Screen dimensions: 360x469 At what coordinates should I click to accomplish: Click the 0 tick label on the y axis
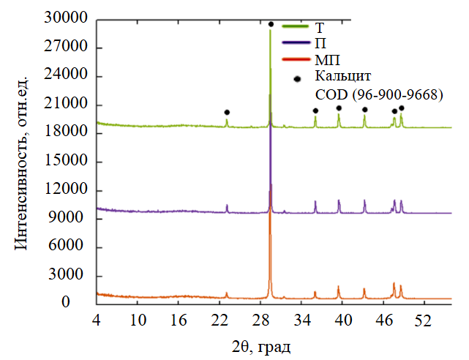pos(85,303)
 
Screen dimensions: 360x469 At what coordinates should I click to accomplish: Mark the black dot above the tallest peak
pos(271,24)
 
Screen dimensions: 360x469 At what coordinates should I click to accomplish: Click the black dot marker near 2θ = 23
pos(227,112)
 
